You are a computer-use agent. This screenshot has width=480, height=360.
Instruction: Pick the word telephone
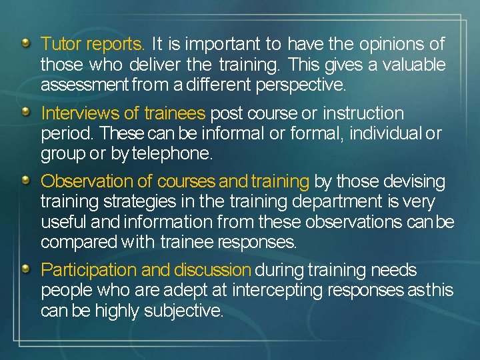(x=172, y=154)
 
